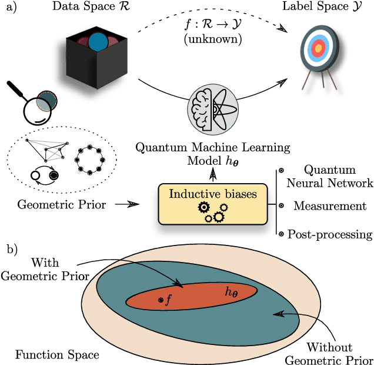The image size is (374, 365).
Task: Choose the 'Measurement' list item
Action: click(330, 206)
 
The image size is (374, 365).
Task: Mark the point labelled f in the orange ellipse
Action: click(161, 300)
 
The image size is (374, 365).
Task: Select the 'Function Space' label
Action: click(57, 354)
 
